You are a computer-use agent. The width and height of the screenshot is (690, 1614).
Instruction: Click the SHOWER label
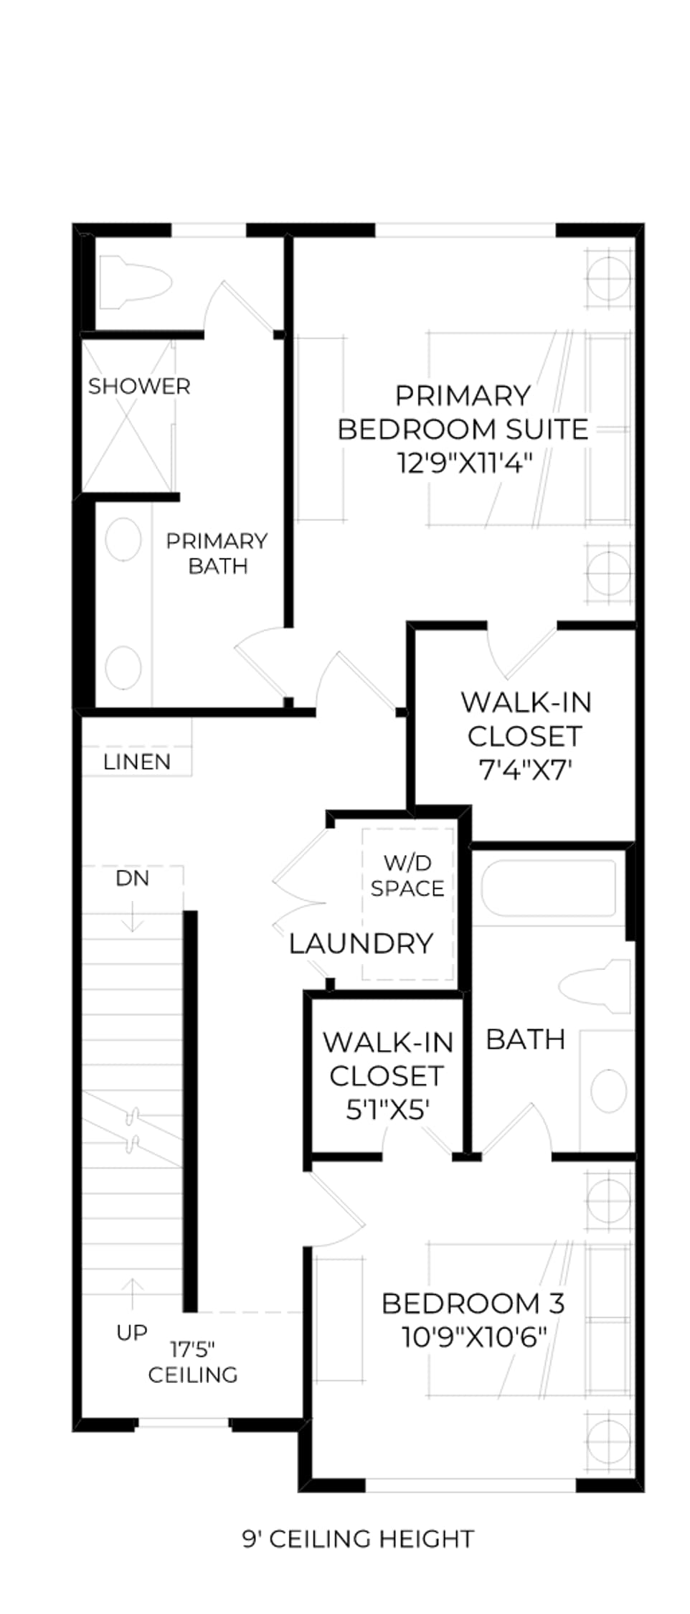pyautogui.click(x=139, y=387)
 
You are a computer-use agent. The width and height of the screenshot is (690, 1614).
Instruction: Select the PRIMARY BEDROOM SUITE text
pyautogui.click(x=463, y=412)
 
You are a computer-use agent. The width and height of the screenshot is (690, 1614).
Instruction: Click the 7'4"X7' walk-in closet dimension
pyautogui.click(x=525, y=770)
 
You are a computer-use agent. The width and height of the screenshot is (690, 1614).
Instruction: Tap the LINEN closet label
pyautogui.click(x=137, y=762)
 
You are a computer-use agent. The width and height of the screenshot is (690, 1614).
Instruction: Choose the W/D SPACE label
pyautogui.click(x=407, y=875)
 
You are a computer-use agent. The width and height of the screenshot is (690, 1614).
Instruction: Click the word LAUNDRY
pyautogui.click(x=361, y=943)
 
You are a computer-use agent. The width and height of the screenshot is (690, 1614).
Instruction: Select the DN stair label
pyautogui.click(x=133, y=878)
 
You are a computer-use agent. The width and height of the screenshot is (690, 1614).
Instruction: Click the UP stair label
pyautogui.click(x=132, y=1332)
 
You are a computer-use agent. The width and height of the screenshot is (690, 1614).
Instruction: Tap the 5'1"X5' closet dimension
pyautogui.click(x=388, y=1110)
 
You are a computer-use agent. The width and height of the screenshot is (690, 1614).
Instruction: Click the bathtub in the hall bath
pyautogui.click(x=549, y=887)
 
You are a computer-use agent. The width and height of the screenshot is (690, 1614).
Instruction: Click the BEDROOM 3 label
pyautogui.click(x=473, y=1303)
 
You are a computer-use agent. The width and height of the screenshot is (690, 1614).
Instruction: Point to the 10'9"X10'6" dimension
pyautogui.click(x=475, y=1337)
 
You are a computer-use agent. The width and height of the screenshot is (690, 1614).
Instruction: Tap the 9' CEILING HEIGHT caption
pyautogui.click(x=358, y=1539)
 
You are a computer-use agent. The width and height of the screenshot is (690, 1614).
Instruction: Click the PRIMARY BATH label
pyautogui.click(x=217, y=553)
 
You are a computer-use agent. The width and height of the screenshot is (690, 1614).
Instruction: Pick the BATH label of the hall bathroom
pyautogui.click(x=526, y=1039)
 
